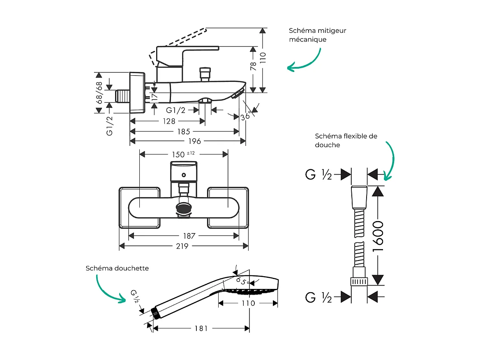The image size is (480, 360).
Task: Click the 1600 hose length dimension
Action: (x=378, y=236)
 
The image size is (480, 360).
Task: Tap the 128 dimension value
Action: (x=169, y=121)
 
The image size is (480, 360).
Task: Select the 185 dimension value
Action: (x=184, y=132)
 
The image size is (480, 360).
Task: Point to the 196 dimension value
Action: (x=194, y=141)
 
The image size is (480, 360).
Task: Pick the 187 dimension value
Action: (x=189, y=236)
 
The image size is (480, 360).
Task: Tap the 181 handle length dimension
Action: (x=201, y=328)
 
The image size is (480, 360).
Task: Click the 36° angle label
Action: (x=245, y=115)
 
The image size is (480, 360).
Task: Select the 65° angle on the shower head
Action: (x=242, y=282)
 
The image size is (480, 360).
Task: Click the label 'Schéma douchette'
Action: (x=117, y=268)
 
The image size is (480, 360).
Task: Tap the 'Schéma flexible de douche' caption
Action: (x=346, y=140)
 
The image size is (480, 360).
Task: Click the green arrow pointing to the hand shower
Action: (x=109, y=290)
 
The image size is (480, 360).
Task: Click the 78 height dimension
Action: (x=253, y=66)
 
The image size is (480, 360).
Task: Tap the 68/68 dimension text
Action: (x=99, y=92)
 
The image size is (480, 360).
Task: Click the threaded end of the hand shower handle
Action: (x=156, y=313)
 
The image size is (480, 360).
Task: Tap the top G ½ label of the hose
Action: (x=318, y=175)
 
